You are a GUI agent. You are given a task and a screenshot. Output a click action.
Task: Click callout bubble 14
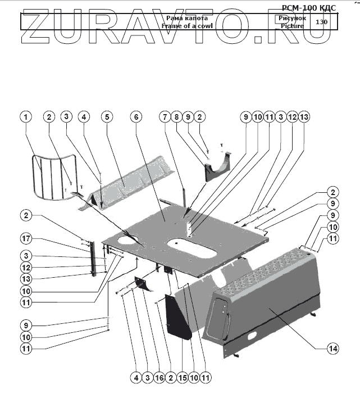[333, 349]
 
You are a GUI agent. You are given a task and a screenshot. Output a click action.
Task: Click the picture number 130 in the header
[322, 22]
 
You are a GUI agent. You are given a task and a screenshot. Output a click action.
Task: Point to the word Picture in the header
[292, 26]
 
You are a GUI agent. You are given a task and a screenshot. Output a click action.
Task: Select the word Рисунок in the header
[292, 19]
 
